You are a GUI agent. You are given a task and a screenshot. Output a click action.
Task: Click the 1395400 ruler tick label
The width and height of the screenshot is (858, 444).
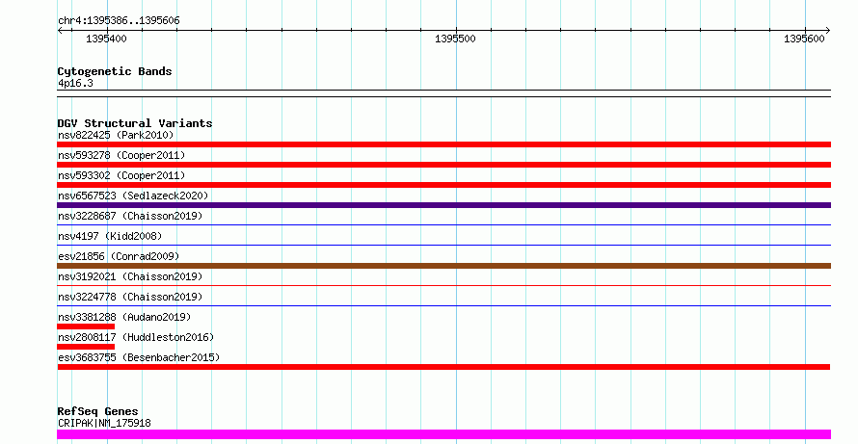106,39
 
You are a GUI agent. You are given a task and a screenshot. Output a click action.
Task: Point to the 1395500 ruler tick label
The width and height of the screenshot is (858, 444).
455,39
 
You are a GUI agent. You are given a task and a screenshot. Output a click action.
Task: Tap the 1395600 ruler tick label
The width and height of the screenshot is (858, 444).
804,39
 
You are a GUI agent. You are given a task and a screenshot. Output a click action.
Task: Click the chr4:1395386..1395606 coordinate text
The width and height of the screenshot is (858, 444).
119,21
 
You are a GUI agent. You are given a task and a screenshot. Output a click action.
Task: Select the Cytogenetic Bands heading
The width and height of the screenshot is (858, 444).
115,71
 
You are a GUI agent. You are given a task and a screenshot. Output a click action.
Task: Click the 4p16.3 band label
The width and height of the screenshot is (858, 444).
75,83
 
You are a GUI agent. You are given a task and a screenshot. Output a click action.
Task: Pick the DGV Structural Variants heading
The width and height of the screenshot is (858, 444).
135,123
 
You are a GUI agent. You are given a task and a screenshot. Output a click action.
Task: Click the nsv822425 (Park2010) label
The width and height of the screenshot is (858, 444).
116,135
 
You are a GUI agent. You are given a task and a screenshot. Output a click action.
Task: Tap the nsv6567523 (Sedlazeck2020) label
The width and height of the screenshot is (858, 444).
133,196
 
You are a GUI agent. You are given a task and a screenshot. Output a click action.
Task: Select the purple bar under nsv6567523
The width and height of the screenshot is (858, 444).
443,205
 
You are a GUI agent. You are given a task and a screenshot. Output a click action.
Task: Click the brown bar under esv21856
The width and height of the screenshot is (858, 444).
443,266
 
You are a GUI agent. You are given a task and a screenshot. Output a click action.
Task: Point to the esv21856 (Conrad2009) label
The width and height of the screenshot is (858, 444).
119,256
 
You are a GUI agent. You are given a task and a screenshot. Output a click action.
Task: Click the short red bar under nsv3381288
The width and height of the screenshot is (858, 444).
86,326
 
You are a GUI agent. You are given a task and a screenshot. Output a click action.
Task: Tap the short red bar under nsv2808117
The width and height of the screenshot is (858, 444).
86,347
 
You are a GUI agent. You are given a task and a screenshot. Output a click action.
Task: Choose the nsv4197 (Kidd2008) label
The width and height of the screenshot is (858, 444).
110,236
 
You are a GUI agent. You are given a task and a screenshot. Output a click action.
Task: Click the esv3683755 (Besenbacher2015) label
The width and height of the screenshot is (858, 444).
139,357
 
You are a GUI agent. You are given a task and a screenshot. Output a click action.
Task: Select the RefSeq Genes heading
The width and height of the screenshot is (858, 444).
98,411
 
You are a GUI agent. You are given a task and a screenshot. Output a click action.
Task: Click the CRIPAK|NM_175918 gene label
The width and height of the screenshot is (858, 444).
104,423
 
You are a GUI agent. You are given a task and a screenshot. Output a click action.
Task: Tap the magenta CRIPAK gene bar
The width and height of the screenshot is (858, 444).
443,434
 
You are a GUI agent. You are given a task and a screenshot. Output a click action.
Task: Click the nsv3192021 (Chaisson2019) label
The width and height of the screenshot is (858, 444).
130,276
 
